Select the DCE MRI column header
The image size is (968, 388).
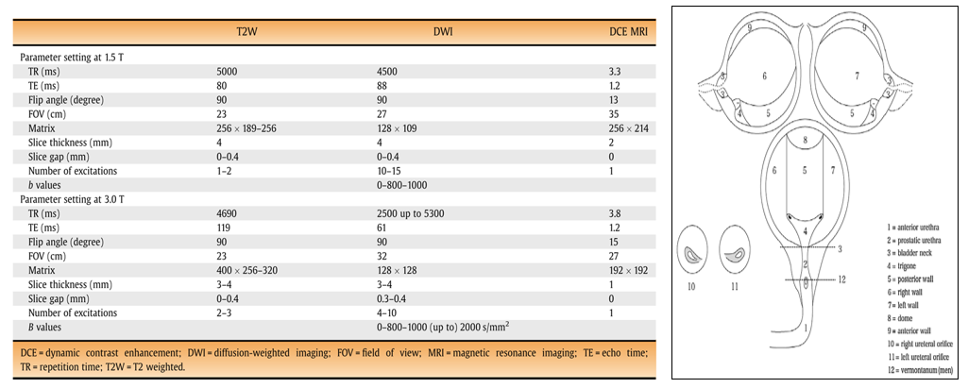[x=628, y=33]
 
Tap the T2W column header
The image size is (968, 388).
[x=226, y=33]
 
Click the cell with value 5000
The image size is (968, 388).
[x=227, y=72]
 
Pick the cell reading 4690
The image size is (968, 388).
[x=227, y=212]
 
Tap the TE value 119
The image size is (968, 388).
[x=224, y=227]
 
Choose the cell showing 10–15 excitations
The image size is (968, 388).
[x=387, y=170]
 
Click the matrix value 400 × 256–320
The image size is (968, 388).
[x=246, y=270]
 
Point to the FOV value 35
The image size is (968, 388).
[x=614, y=114]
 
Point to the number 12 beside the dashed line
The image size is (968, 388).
[x=842, y=279]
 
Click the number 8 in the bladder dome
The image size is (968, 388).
[x=805, y=140]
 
